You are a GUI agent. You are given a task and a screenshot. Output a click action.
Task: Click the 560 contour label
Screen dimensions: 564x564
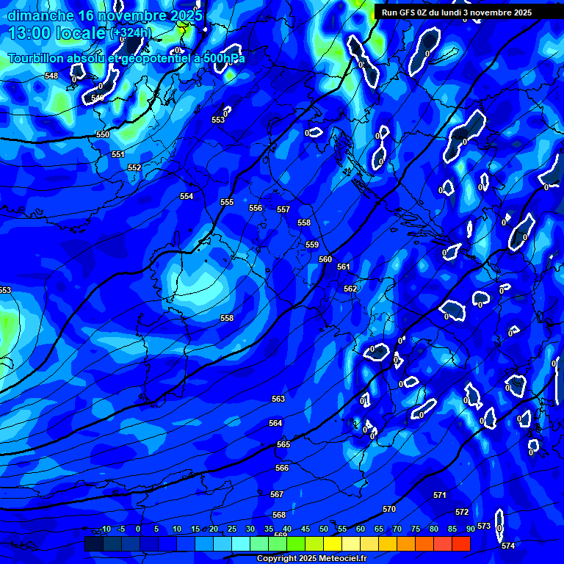click(x=325, y=259)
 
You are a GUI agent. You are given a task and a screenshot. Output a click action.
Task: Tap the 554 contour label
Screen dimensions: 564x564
click(x=187, y=196)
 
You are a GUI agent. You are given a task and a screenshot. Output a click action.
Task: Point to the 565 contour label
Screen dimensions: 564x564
click(x=283, y=444)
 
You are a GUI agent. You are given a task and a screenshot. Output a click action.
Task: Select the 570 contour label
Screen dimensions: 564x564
click(x=389, y=509)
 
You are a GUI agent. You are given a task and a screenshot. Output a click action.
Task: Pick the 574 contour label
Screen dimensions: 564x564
click(x=508, y=546)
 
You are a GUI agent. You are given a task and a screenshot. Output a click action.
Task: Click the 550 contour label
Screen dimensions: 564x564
click(x=103, y=134)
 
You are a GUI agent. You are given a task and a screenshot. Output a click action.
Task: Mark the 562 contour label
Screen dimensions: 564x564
click(x=350, y=289)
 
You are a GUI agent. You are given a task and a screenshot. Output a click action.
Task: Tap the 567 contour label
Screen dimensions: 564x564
click(x=277, y=494)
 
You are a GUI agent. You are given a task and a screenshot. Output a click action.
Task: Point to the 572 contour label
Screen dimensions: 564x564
click(x=462, y=512)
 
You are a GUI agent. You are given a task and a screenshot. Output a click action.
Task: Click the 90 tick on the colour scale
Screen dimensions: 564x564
click(x=470, y=529)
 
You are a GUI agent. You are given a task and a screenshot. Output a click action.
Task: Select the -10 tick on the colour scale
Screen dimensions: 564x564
click(x=104, y=529)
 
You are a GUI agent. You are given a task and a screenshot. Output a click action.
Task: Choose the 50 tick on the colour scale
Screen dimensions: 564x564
click(x=324, y=529)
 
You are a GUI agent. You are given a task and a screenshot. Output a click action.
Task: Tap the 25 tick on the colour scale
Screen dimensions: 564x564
click(x=232, y=529)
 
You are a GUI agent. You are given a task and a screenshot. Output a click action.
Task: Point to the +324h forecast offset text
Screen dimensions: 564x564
click(x=130, y=32)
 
